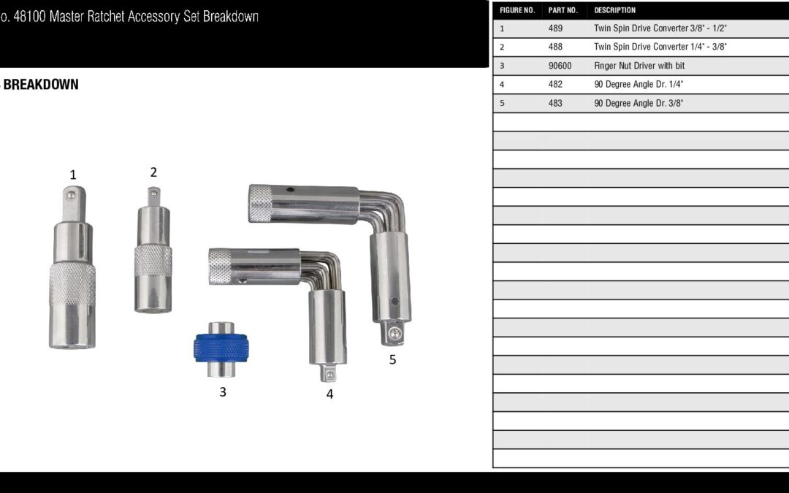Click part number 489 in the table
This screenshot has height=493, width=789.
tap(555, 28)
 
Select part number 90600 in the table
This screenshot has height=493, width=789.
tap(560, 66)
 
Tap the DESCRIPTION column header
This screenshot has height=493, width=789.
tap(614, 10)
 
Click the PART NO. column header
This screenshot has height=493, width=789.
tap(563, 10)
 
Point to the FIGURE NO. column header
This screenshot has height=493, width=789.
tap(517, 10)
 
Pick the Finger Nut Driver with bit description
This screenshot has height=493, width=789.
tap(639, 66)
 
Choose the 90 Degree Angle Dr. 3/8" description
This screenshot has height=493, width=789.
tap(639, 103)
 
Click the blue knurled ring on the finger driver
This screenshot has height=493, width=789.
tap(221, 348)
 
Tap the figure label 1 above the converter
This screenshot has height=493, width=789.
tap(73, 175)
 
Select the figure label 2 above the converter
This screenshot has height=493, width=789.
tap(153, 172)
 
